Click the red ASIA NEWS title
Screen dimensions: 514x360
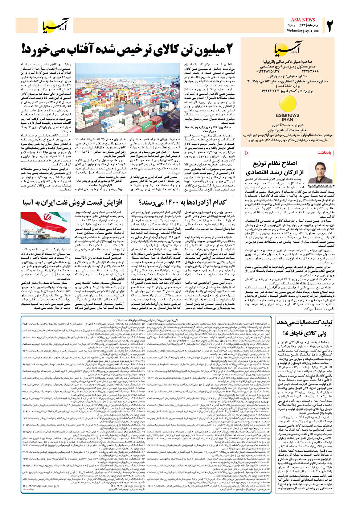303,20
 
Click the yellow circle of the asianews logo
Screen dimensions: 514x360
287,105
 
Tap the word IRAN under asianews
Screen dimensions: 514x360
287,119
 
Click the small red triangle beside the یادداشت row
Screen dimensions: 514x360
246,153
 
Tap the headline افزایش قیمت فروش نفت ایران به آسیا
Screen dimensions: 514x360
73,202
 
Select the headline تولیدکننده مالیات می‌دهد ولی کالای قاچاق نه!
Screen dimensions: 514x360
304,328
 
